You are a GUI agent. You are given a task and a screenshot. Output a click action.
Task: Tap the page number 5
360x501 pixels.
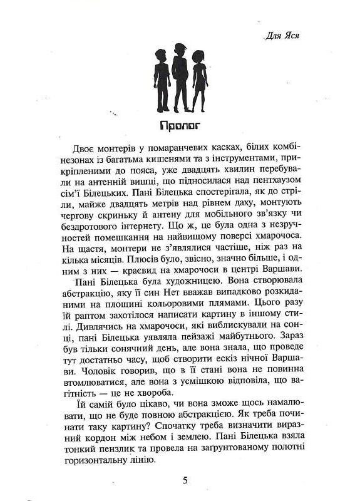click(x=185, y=480)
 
